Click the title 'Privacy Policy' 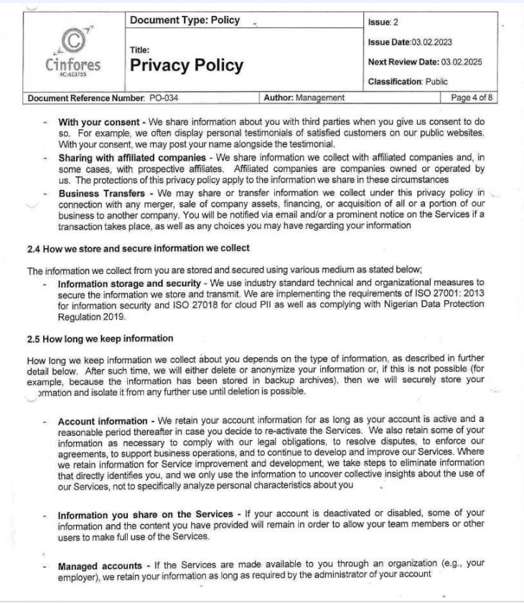pos(187,66)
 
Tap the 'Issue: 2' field pos(383,22)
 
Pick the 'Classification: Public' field pos(407,82)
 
